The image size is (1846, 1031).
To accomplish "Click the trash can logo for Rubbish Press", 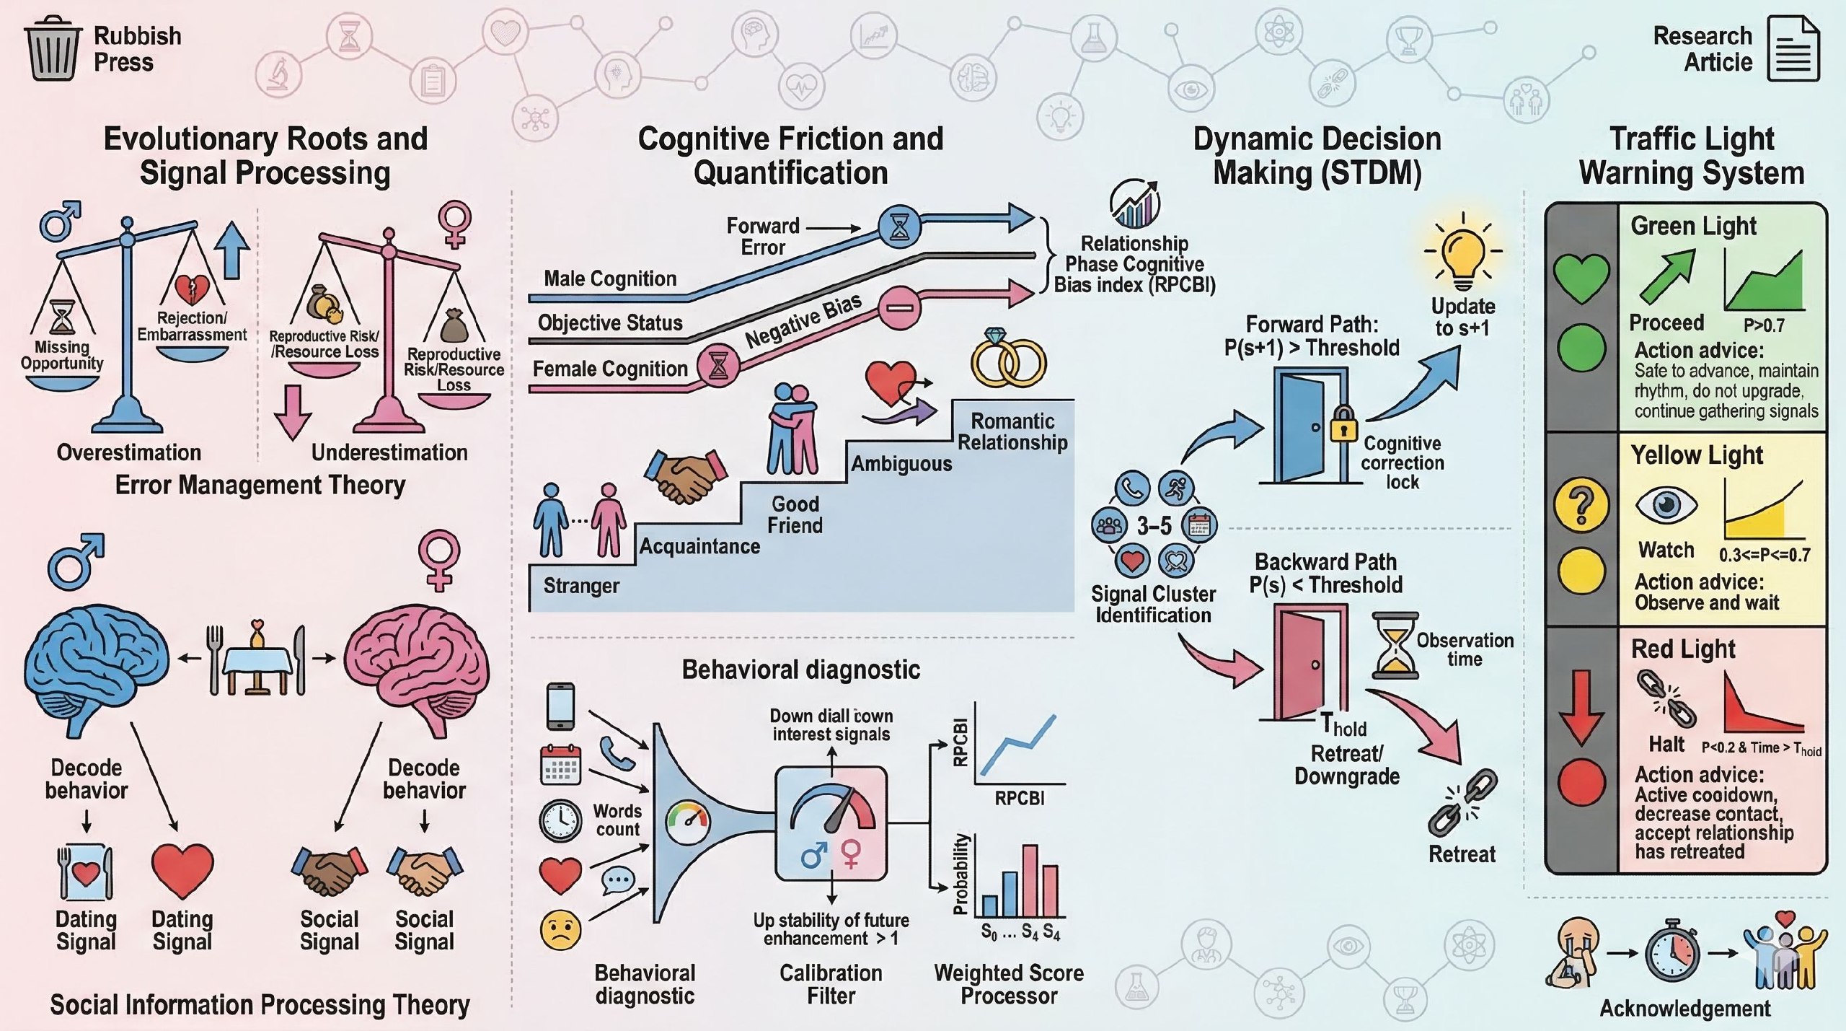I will pos(52,48).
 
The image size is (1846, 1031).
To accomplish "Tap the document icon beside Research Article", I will pos(1793,49).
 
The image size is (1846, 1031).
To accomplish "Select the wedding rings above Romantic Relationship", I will pos(1007,359).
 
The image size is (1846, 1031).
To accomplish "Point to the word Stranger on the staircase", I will pos(581,586).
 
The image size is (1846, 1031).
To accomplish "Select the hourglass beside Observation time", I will pos(1395,646).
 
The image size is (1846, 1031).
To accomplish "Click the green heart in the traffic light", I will pos(1581,277).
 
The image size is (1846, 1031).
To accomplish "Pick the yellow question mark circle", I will pos(1581,504).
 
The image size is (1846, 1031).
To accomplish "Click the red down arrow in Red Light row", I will pos(1581,707).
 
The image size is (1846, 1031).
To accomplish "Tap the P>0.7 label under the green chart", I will pos(1764,325).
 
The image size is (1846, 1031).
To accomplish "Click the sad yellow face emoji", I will pos(560,930).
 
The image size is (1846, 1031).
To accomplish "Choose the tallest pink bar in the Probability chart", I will pos(1030,880).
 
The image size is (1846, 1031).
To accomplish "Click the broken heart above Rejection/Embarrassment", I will pos(193,289).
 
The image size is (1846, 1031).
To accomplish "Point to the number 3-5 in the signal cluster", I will pos(1154,526).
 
